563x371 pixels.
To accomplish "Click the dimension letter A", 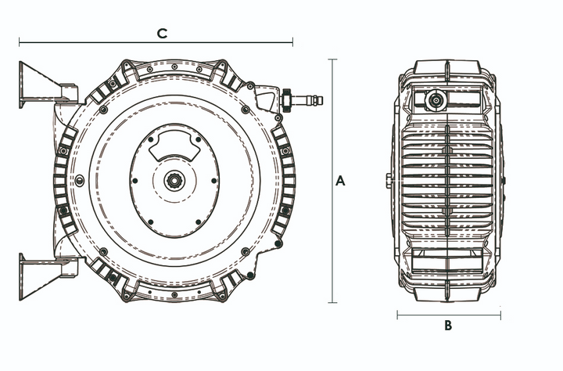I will click(x=340, y=181).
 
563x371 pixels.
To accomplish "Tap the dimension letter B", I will click(x=448, y=326).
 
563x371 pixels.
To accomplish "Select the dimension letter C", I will click(x=162, y=33).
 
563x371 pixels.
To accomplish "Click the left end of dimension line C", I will click(x=20, y=42).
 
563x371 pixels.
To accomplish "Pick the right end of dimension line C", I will click(x=292, y=42).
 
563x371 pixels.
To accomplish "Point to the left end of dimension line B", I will click(x=397, y=316).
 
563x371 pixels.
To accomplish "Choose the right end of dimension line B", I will click(x=500, y=316).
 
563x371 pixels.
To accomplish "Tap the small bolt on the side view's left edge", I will click(x=389, y=180).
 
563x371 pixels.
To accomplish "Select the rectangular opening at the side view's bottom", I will click(x=447, y=264).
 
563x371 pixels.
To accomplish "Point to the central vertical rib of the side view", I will click(x=448, y=180).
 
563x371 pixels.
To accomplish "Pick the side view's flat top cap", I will click(x=448, y=66).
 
